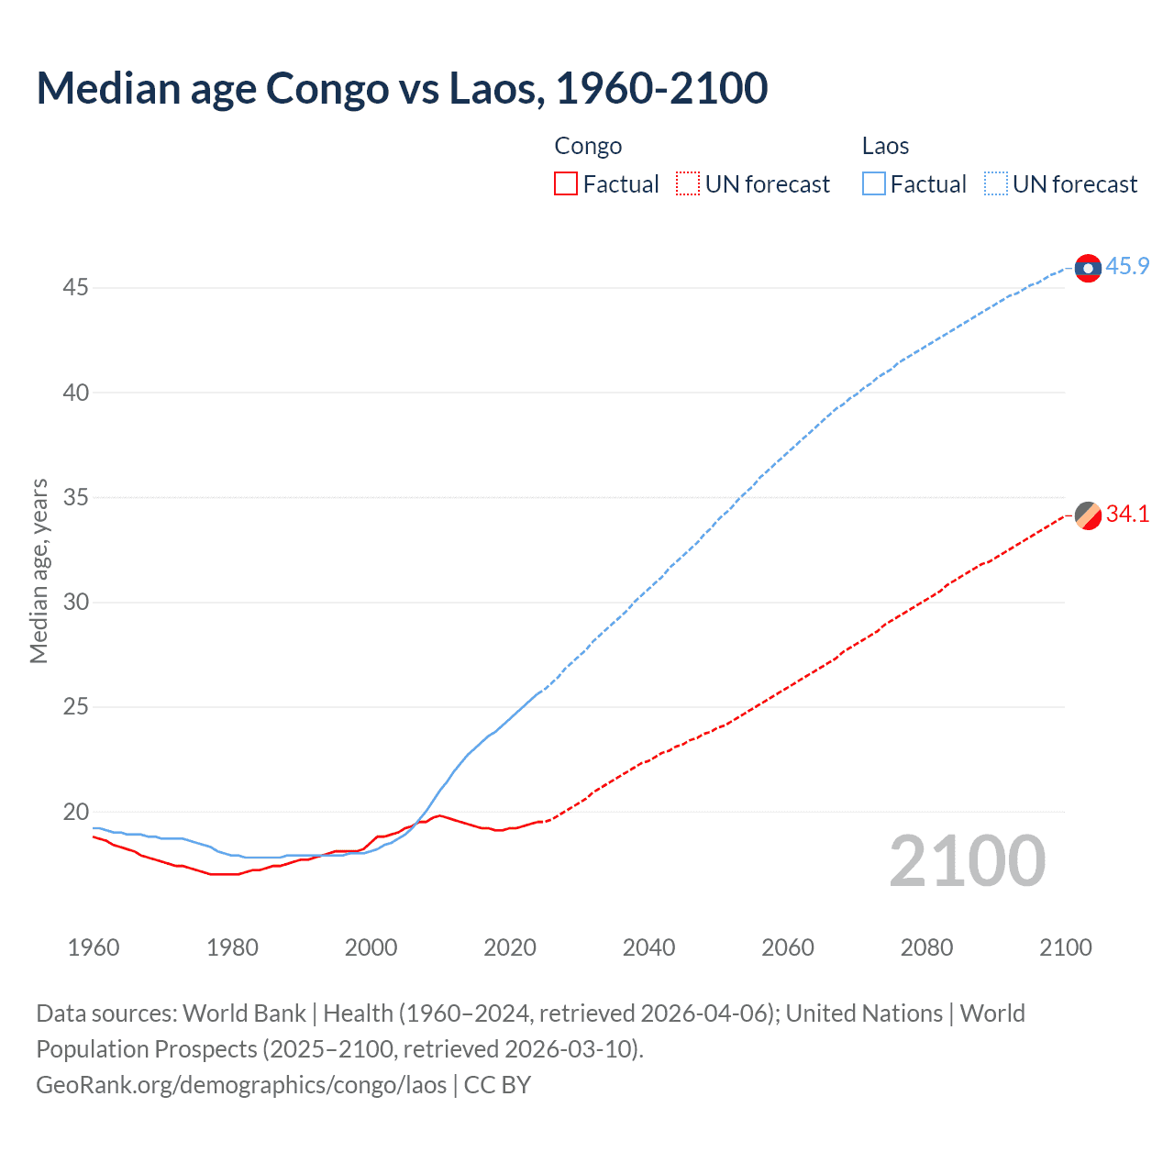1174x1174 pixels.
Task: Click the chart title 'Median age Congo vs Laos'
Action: click(402, 89)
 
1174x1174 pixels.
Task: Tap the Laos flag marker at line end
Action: click(1088, 268)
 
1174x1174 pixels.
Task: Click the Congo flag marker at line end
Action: click(1088, 515)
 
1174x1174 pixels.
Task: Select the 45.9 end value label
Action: click(1127, 267)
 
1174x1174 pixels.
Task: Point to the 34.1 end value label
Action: click(1127, 515)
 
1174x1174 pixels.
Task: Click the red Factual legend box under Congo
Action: click(566, 184)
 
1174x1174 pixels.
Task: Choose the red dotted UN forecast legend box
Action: click(688, 184)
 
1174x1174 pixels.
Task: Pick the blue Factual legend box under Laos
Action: click(873, 184)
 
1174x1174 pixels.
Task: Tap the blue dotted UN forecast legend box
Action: click(995, 184)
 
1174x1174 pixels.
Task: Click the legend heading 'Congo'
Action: click(588, 146)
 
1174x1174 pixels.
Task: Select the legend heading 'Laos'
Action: click(885, 146)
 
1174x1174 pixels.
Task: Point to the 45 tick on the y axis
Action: click(75, 288)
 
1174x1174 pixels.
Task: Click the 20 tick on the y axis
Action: click(75, 813)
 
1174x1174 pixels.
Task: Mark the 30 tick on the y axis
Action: click(75, 603)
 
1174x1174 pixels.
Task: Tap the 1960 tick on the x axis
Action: click(94, 947)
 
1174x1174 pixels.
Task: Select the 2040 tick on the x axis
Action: click(648, 947)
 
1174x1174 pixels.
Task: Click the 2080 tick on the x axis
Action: click(926, 947)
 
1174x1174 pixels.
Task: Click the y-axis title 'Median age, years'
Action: click(39, 570)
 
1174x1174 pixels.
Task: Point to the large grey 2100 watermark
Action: click(967, 861)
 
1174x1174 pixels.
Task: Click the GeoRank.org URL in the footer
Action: click(241, 1085)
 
